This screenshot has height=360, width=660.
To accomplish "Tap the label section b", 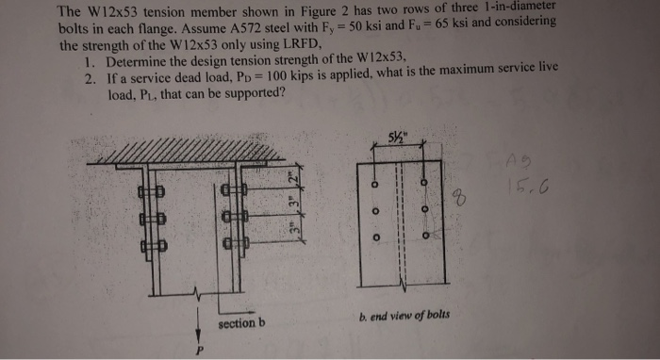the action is click(241, 323).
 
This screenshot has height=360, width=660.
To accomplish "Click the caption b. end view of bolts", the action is click(404, 317).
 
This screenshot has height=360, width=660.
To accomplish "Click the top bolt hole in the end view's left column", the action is click(375, 183).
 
